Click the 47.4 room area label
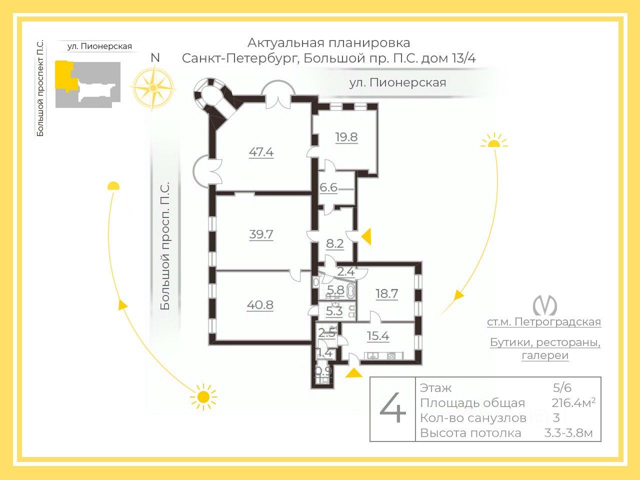tap(261, 152)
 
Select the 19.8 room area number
tap(346, 137)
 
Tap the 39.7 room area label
tap(261, 234)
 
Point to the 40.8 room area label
tap(260, 304)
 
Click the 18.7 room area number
tap(386, 293)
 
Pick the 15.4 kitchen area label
tap(378, 336)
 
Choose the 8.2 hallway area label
tap(334, 243)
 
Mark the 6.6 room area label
tap(328, 188)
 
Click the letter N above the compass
tap(155, 57)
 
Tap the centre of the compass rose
tap(153, 87)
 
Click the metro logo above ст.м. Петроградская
tap(544, 305)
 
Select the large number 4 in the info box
tap(392, 409)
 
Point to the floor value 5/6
tap(562, 387)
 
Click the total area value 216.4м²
tap(573, 403)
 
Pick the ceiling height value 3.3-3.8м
tap(568, 433)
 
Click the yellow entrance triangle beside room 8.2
tap(367, 236)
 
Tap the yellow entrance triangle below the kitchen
tap(354, 372)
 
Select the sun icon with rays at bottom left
tap(203, 397)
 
